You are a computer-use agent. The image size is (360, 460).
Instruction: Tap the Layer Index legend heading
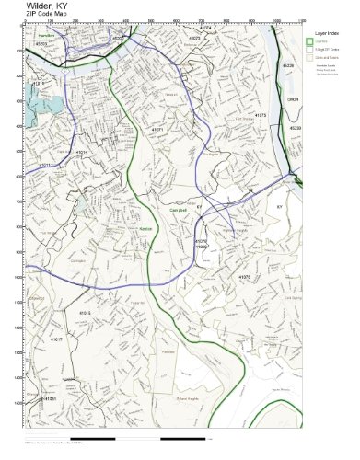coord(326,31)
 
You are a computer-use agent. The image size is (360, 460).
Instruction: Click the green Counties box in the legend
coord(309,41)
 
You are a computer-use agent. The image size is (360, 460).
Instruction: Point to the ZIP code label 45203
coord(41,43)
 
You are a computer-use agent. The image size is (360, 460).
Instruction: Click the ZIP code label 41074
coord(205,28)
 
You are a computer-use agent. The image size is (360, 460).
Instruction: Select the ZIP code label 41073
coord(194,39)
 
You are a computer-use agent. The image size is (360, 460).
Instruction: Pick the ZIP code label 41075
coord(261,115)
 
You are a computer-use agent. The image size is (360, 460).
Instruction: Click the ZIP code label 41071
coord(157,130)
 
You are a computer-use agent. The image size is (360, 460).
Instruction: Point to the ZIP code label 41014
coord(80,152)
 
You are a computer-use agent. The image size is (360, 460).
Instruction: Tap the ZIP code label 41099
coord(202,247)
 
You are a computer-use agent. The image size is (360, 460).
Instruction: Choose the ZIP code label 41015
coord(85,313)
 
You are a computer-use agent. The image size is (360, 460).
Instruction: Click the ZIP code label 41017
coord(57,339)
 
